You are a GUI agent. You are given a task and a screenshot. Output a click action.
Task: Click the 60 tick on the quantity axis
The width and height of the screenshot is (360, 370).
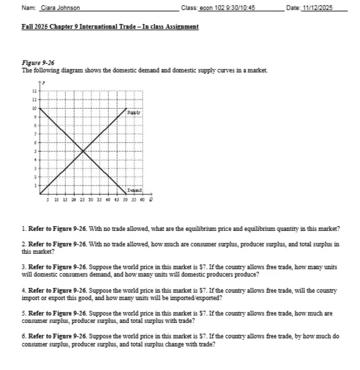click(142, 200)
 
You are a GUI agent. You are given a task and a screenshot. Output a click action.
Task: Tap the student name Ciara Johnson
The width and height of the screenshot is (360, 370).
click(60, 8)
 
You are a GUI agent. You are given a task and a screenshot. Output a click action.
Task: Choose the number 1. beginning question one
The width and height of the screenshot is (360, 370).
click(24, 229)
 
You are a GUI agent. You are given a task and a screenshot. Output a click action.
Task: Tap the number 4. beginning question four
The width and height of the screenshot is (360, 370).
click(24, 290)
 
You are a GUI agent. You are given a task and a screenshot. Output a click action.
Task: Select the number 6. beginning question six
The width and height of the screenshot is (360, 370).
click(24, 334)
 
